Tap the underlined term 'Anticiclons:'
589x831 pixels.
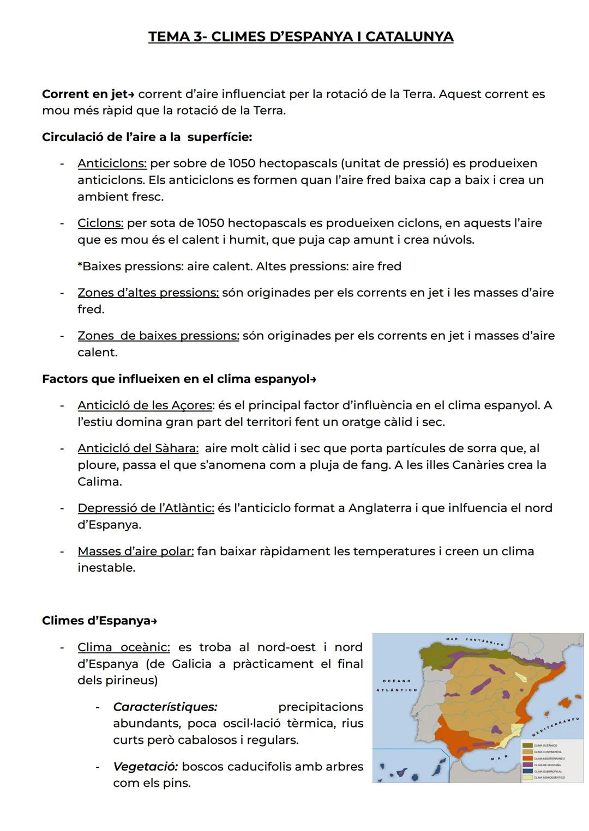(x=112, y=163)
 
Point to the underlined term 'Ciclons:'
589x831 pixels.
(x=100, y=223)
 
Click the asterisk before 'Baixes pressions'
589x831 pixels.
(x=80, y=266)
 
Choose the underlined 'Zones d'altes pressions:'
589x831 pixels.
(x=148, y=293)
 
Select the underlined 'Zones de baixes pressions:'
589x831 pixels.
(x=158, y=336)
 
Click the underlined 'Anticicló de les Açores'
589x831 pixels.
(x=145, y=405)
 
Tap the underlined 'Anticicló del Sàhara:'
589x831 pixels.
(x=138, y=448)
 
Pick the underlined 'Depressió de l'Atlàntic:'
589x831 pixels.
(x=146, y=508)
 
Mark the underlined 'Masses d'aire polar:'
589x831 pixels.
(x=135, y=551)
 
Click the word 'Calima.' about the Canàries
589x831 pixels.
(x=99, y=482)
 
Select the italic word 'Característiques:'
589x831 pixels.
(x=165, y=707)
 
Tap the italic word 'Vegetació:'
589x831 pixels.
(x=145, y=766)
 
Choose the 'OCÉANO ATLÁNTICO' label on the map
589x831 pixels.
(x=396, y=686)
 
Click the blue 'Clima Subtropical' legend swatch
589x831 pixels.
(x=527, y=771)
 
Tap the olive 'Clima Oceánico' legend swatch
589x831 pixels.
(x=527, y=745)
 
